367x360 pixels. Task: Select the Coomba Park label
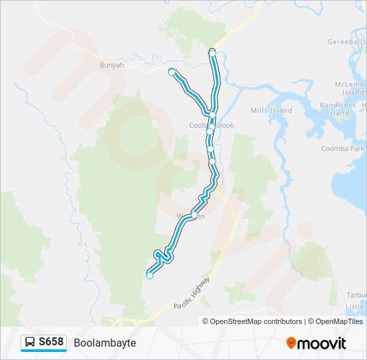(x=342, y=149)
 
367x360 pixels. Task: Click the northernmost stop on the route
(x=212, y=52)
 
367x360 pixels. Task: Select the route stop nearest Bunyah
(x=172, y=71)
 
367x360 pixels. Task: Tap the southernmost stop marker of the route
(x=149, y=275)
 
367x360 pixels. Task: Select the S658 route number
(x=51, y=343)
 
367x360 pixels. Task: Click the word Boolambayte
(x=105, y=343)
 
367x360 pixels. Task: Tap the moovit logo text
(x=322, y=343)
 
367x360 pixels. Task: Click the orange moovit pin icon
(x=291, y=343)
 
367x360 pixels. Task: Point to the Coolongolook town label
(x=211, y=125)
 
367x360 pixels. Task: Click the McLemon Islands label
(x=352, y=89)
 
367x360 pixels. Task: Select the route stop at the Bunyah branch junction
(x=212, y=115)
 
